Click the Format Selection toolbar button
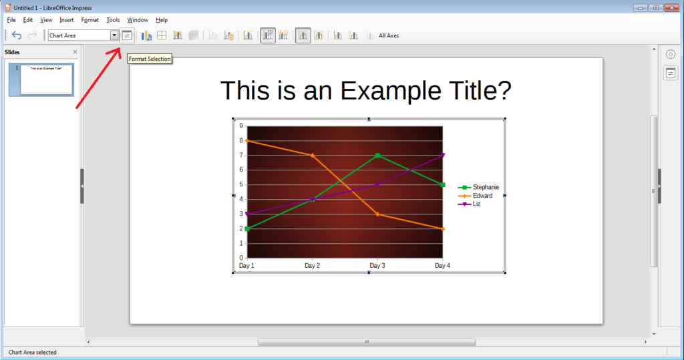[127, 35]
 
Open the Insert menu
[66, 20]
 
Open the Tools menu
[113, 20]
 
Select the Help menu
[162, 20]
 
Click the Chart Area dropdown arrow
[114, 35]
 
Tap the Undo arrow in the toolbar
[17, 35]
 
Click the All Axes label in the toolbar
[389, 35]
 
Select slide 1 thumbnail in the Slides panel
[46, 79]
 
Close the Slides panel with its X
[75, 51]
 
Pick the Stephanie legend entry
[486, 188]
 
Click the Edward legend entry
[482, 196]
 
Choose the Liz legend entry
[476, 204]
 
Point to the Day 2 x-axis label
[312, 266]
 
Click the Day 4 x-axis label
[442, 266]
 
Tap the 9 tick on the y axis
[241, 126]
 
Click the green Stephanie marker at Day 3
[377, 156]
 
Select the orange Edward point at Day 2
[312, 156]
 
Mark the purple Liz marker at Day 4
[443, 156]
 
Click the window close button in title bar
[670, 7]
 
